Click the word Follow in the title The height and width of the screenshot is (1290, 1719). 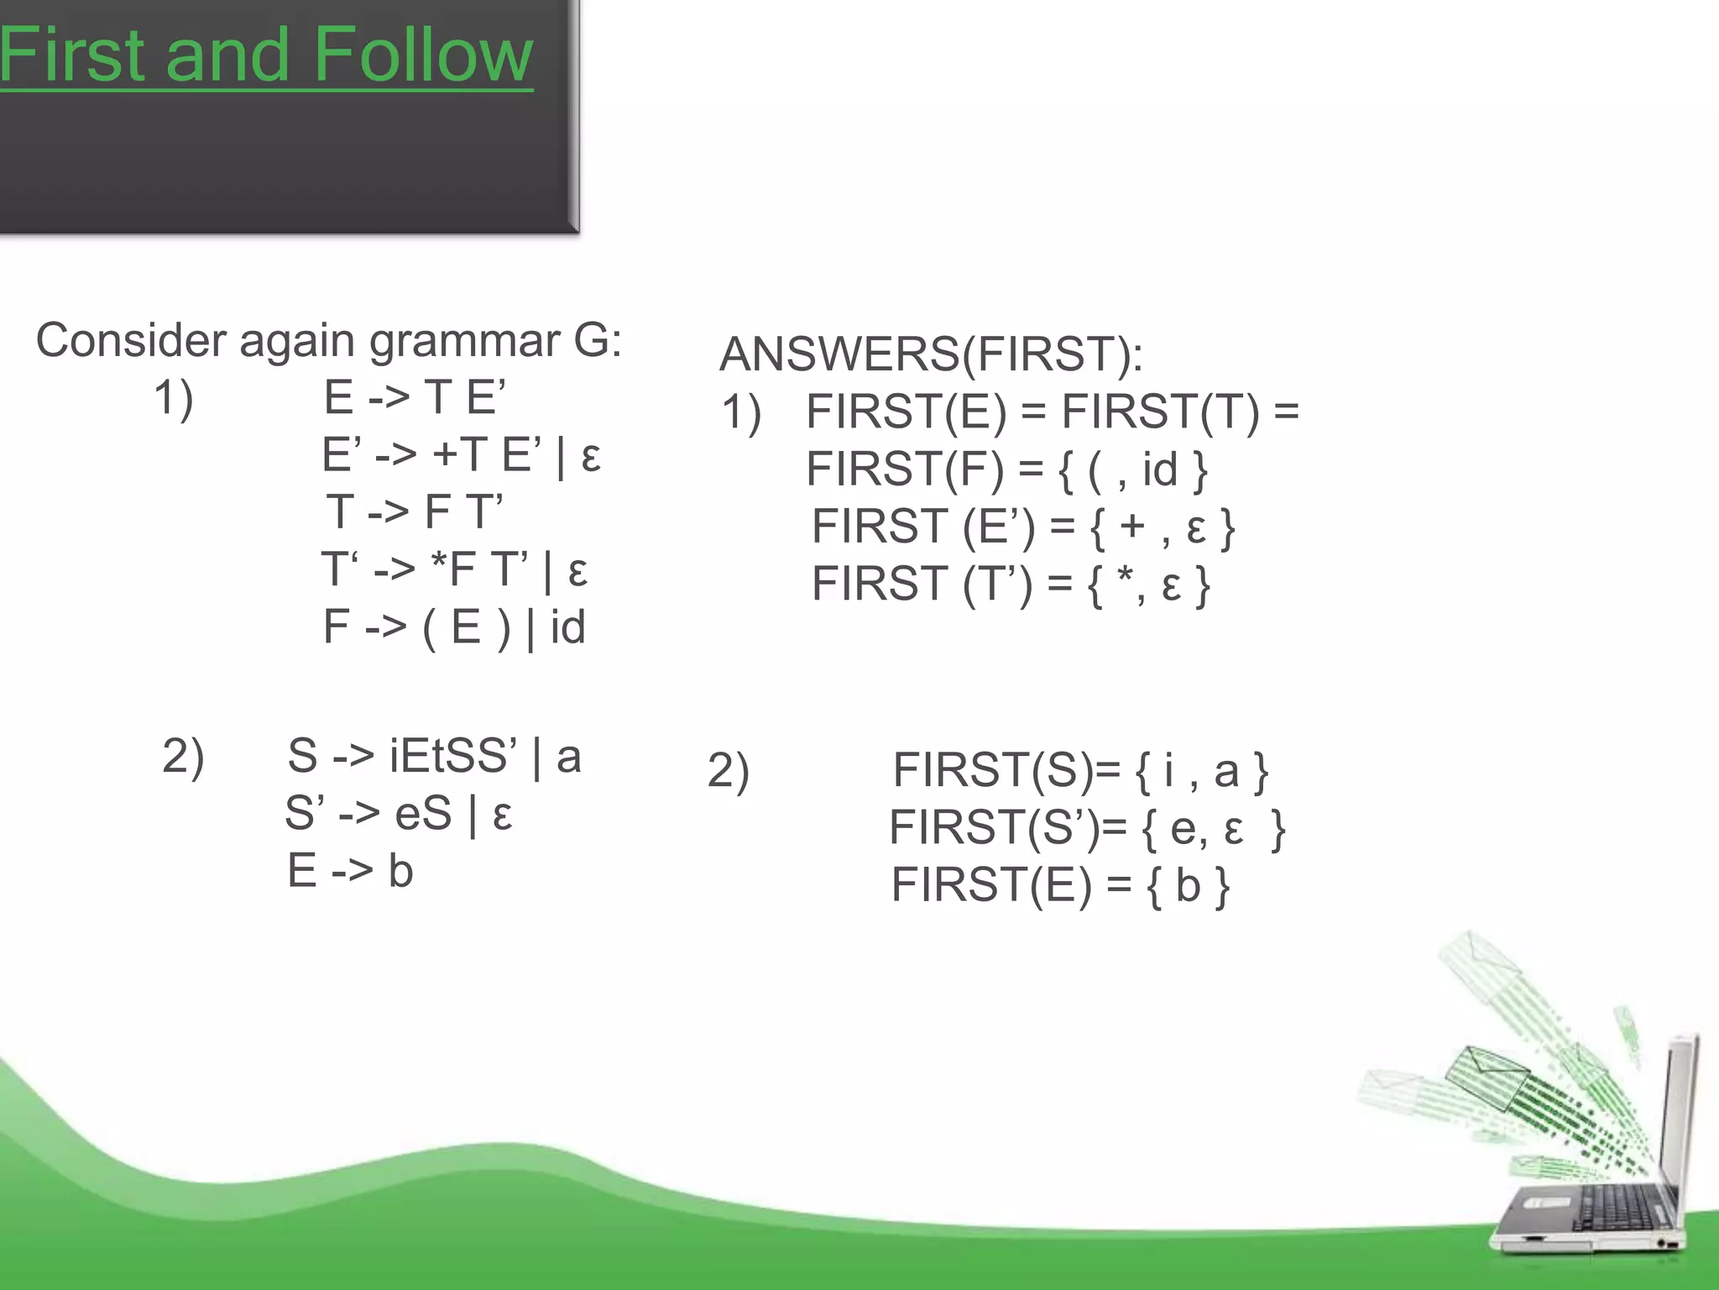(x=423, y=55)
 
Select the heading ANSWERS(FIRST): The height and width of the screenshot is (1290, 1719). (x=931, y=354)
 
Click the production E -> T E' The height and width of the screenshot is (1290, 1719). (x=415, y=397)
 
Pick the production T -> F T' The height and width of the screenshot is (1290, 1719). (x=415, y=511)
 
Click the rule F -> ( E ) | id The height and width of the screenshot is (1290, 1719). (x=454, y=627)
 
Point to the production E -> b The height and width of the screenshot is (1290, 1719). (x=350, y=871)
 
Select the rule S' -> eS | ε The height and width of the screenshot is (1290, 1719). (x=398, y=814)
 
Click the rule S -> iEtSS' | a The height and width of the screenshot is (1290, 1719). (x=434, y=756)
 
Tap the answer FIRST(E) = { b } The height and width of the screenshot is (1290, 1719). (x=1060, y=885)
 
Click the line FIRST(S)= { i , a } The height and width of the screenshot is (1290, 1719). (x=1079, y=770)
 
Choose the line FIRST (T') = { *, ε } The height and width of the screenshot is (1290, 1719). (x=1011, y=584)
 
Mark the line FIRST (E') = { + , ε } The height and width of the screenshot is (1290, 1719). (x=1022, y=527)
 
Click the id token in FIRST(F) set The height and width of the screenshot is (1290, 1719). (x=1160, y=469)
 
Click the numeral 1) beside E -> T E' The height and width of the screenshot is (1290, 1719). (x=174, y=397)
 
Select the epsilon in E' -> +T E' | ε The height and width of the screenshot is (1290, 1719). (x=590, y=456)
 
